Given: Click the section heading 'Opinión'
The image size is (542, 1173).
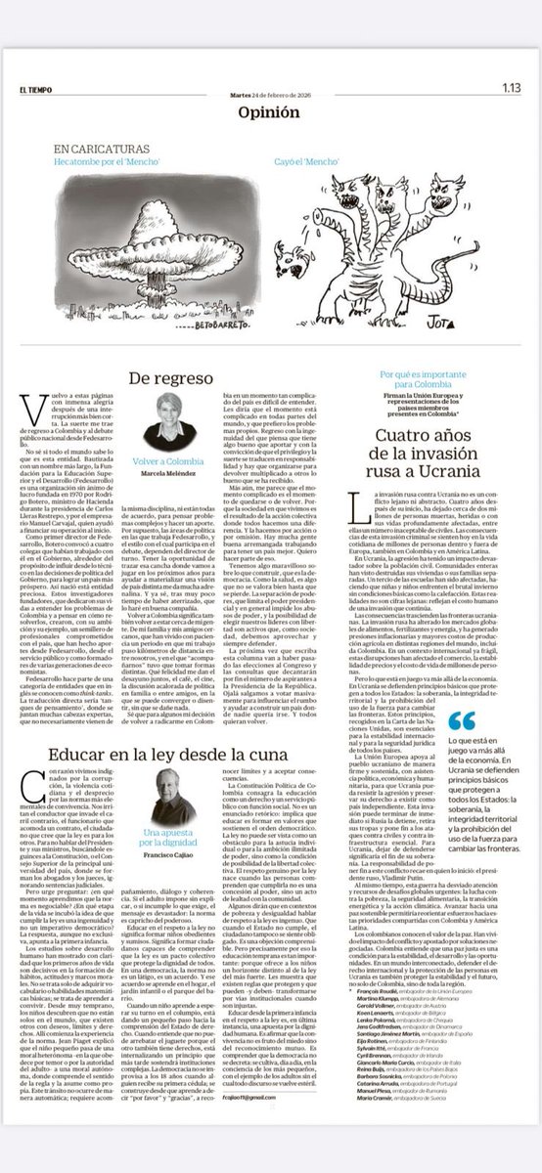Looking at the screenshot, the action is pos(269,112).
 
